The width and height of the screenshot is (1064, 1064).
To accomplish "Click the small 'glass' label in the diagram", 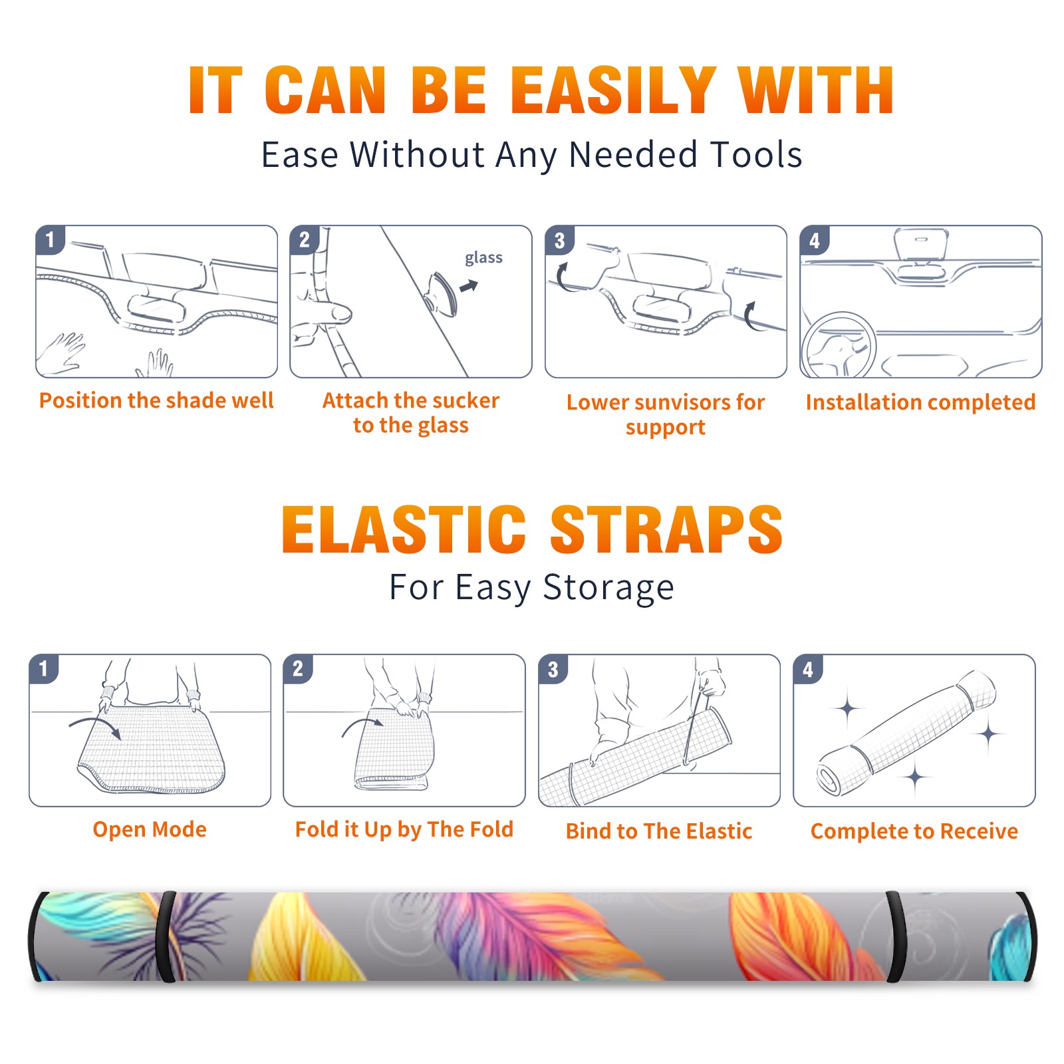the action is tap(483, 258).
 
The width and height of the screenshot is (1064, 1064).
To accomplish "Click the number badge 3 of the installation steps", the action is tap(559, 240).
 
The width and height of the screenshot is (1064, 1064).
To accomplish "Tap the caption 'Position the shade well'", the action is tap(156, 400).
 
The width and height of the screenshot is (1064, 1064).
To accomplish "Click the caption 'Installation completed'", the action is tap(920, 402).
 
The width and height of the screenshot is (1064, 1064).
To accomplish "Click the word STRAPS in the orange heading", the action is tap(666, 529).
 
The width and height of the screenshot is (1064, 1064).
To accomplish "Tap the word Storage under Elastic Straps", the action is tap(608, 588).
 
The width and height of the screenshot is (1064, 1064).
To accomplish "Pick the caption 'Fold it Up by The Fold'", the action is tap(404, 829).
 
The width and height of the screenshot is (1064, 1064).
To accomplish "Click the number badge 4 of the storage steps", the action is tap(808, 669).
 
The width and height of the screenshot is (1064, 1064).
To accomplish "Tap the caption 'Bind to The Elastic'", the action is tap(659, 831).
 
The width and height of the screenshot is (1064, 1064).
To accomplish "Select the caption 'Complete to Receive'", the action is tap(914, 831).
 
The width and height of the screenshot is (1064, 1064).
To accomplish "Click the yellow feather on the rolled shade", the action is tap(306, 938).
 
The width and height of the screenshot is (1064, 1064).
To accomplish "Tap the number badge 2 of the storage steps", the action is tap(298, 669).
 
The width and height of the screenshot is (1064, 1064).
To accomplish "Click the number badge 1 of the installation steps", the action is tap(50, 240).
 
